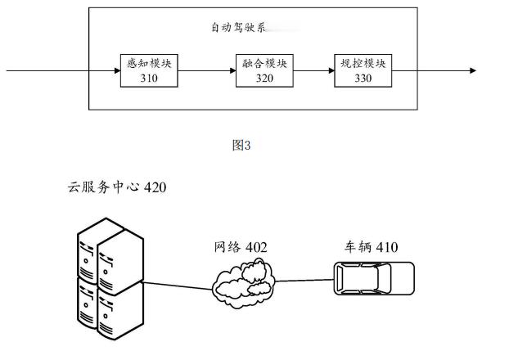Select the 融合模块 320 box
[264, 71]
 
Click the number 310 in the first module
[148, 79]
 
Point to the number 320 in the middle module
[264, 79]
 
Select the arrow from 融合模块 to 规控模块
[313, 71]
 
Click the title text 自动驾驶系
[238, 27]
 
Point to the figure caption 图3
[241, 146]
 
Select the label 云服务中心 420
[117, 188]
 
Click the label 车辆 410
[371, 246]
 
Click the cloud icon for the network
[242, 281]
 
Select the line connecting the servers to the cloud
[178, 285]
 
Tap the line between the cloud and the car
[305, 279]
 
